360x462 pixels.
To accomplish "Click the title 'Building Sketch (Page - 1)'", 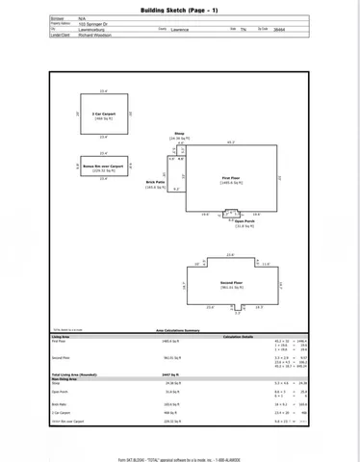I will tap(179, 9).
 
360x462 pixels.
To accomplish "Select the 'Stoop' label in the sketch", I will tap(179, 134).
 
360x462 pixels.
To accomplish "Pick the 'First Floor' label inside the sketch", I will tap(230, 178).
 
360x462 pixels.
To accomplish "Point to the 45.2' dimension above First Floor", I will tap(231, 143).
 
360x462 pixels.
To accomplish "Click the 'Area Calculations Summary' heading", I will tap(178, 329).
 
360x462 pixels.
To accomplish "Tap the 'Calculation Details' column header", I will tap(239, 336).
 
